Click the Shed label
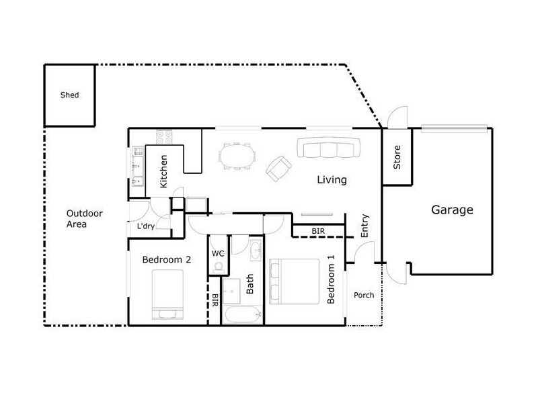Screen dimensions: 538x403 coord(70,95)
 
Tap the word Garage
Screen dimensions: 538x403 coord(452,210)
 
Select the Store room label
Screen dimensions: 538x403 coord(397,157)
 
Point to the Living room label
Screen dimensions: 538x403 coord(332,180)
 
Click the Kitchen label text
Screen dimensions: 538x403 coord(163,171)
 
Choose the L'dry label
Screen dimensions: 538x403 coord(146,226)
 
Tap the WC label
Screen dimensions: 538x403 coord(217,254)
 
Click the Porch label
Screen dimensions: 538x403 coord(364,295)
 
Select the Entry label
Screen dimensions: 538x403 coord(364,226)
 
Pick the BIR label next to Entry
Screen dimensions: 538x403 coord(318,231)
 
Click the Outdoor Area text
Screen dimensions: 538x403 coord(85,219)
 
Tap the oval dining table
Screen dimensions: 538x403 coord(237,156)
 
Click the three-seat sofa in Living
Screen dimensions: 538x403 coord(329,148)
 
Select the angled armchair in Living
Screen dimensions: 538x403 coord(278,169)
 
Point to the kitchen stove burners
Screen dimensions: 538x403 coord(164,137)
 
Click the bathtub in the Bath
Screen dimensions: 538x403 coord(242,314)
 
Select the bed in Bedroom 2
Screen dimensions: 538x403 coord(167,294)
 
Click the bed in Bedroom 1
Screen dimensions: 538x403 coord(295,281)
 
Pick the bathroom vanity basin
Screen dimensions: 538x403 coord(256,251)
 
